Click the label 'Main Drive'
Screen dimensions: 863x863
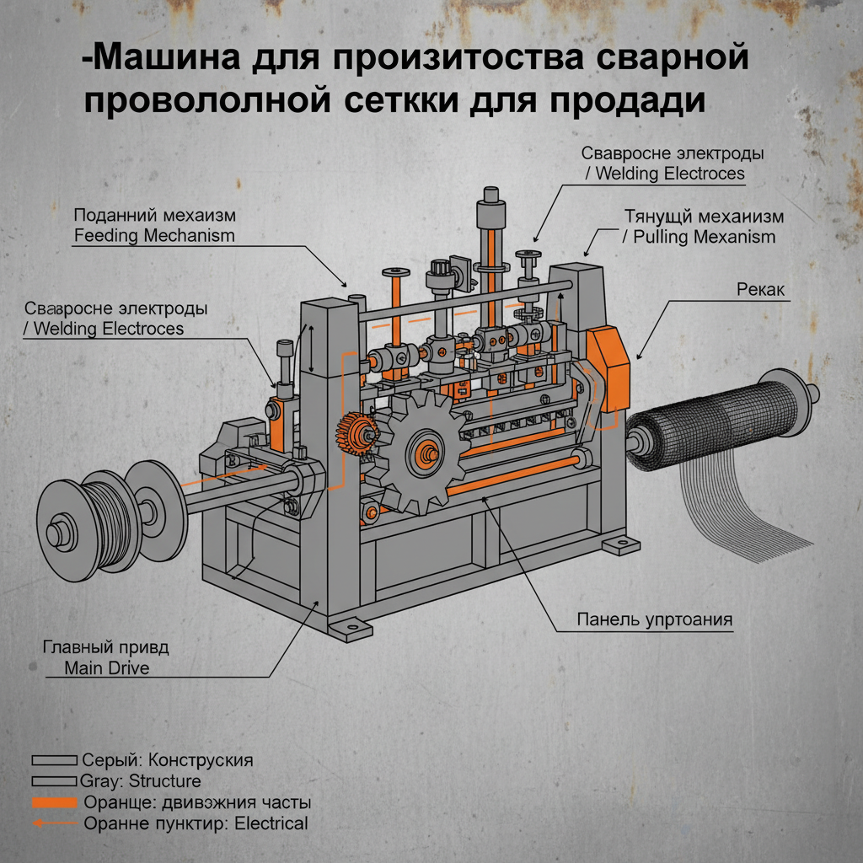[106, 669]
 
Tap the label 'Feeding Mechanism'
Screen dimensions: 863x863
[154, 235]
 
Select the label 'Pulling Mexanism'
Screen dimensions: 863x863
[698, 237]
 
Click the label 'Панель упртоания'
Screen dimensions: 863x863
[654, 619]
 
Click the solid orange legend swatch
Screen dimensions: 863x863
[54, 801]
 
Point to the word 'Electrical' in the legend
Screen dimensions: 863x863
[268, 823]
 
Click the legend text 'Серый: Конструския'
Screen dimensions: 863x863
[168, 759]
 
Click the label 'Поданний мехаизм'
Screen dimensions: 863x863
[154, 214]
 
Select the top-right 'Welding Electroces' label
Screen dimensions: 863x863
[666, 174]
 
